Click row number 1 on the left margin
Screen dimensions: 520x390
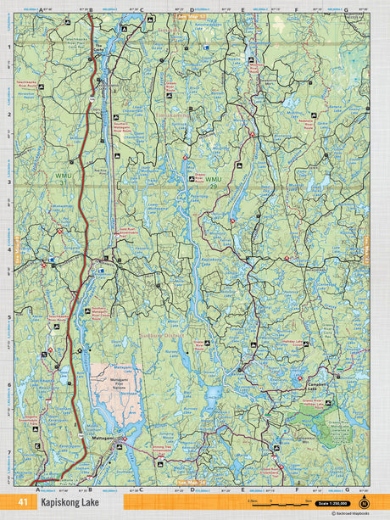coord(9,47)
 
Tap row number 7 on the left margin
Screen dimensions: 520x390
coord(9,452)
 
